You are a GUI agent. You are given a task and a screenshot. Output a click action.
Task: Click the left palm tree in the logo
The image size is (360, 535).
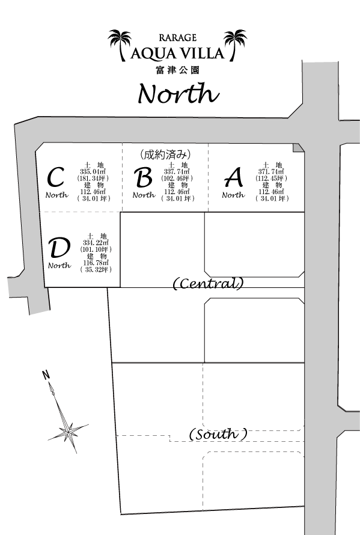click(120, 44)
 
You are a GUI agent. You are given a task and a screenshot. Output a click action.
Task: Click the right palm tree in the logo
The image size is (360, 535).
click(235, 44)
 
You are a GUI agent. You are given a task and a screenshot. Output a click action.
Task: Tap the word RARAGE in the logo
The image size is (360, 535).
click(177, 37)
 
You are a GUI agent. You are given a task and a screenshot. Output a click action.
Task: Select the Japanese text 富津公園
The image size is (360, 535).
click(177, 70)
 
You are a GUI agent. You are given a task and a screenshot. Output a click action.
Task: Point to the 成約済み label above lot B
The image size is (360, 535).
click(165, 154)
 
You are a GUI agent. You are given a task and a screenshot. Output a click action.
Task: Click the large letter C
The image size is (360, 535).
click(55, 177)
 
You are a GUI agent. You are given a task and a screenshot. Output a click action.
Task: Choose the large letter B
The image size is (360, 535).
click(143, 177)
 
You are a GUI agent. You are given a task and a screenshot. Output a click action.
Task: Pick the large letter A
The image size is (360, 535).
click(234, 177)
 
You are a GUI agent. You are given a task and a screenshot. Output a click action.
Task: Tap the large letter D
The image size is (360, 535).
click(59, 248)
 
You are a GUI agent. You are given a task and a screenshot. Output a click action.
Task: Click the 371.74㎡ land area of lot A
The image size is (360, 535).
click(271, 172)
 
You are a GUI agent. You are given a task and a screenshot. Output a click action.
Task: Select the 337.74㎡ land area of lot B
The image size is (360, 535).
click(177, 172)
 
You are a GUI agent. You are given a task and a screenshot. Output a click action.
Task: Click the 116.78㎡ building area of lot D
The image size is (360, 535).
click(96, 263)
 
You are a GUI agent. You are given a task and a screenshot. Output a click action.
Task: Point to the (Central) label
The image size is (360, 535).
click(209, 283)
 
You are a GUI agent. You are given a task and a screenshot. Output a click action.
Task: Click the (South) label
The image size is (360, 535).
click(218, 434)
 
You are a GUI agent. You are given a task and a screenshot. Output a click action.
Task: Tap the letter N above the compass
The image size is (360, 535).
click(46, 375)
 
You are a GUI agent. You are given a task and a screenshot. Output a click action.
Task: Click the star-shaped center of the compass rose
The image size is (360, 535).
click(68, 432)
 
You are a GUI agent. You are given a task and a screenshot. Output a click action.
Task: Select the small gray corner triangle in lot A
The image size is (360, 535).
click(297, 147)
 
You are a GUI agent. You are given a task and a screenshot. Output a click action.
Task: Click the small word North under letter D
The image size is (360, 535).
click(59, 266)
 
